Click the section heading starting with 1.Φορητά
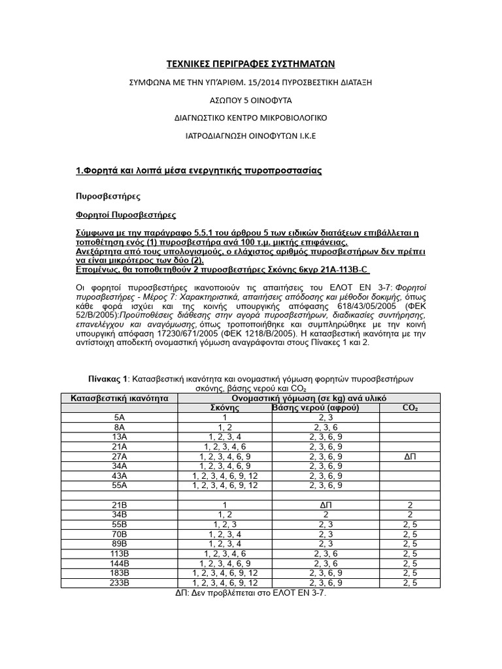tap(199, 171)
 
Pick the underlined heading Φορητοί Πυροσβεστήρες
tap(126, 215)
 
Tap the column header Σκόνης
tap(224, 408)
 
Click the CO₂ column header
tap(410, 408)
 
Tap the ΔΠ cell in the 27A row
tap(410, 456)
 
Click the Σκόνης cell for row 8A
tap(224, 427)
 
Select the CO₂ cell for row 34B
tap(410, 514)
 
